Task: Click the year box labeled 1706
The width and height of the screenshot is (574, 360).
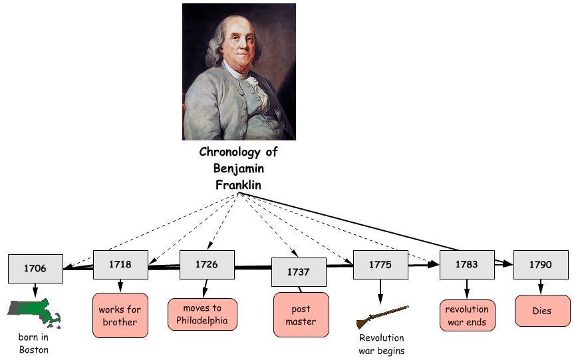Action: coord(35,268)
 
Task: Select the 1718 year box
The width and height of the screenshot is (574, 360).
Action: coord(120,264)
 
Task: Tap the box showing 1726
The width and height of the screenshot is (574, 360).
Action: coord(206,264)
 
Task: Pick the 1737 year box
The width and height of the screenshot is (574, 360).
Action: coord(299,271)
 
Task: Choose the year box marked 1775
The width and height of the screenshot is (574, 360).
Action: coord(380,264)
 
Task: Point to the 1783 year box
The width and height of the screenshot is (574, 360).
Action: coord(466,264)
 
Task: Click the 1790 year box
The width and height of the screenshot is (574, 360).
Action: coord(540,264)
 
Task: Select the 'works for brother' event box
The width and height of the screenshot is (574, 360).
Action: coord(120,315)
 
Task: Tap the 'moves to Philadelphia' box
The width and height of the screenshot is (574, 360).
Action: coord(202,314)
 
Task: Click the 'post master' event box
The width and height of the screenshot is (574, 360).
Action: coord(301,315)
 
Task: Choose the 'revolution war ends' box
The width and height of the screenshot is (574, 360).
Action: coord(466,315)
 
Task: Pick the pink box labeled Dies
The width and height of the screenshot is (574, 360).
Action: coord(541,311)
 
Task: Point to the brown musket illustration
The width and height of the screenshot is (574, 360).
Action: coord(382,317)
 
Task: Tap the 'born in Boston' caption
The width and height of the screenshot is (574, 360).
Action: coord(33,343)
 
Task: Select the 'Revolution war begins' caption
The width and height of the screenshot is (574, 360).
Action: coord(381,345)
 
